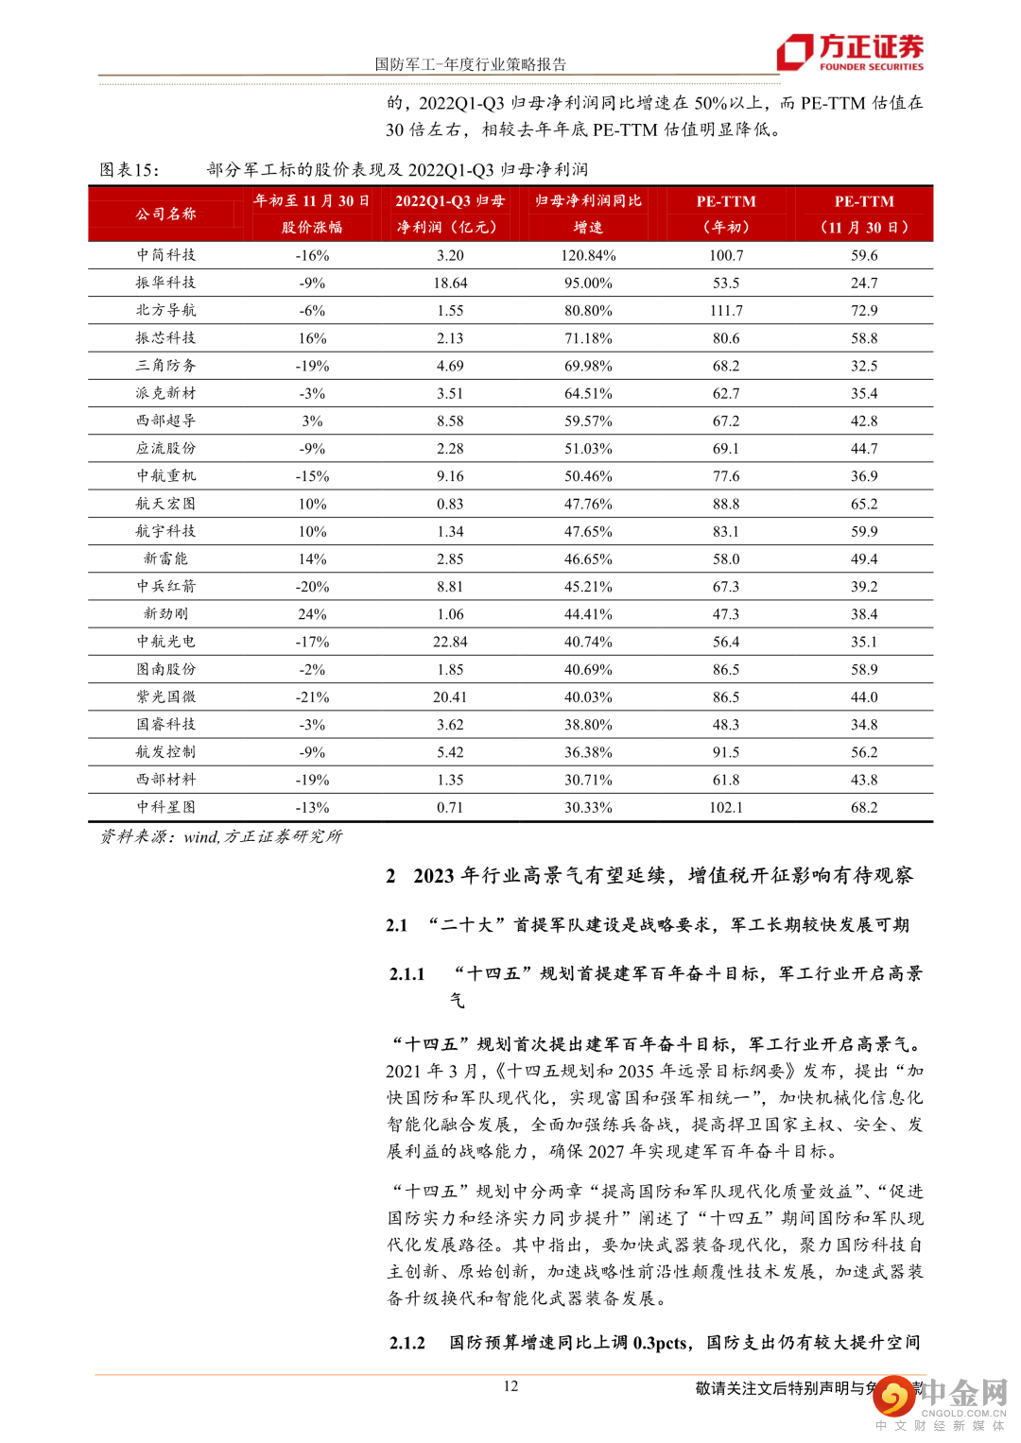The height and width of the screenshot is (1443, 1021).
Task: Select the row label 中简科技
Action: (x=166, y=255)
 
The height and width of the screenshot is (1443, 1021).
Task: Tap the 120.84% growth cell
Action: (x=588, y=256)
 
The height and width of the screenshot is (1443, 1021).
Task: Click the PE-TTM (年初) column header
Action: (x=726, y=214)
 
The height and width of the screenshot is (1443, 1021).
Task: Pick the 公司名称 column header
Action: (x=166, y=214)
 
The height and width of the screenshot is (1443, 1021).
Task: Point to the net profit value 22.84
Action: (x=450, y=642)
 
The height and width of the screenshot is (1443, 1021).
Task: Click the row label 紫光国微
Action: (x=166, y=696)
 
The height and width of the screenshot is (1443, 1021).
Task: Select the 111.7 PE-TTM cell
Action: (x=726, y=311)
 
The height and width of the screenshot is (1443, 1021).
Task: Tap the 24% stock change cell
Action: (x=312, y=614)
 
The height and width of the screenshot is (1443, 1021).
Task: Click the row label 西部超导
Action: (x=166, y=421)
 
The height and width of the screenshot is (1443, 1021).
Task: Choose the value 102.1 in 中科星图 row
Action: (x=726, y=808)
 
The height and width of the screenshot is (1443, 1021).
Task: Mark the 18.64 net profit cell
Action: (x=450, y=283)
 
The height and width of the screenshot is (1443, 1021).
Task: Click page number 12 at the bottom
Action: (x=510, y=1386)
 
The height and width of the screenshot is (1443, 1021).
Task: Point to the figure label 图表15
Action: (x=130, y=170)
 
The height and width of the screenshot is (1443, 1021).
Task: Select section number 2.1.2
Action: (x=407, y=1343)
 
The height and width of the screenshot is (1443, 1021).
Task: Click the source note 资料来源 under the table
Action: (x=221, y=836)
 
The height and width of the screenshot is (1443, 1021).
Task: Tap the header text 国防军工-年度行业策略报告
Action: (x=470, y=64)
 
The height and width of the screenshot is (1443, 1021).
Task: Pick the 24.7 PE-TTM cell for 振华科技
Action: (x=864, y=283)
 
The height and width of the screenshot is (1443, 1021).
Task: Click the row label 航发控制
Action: (x=166, y=752)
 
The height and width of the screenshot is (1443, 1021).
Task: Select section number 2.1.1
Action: (x=407, y=974)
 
